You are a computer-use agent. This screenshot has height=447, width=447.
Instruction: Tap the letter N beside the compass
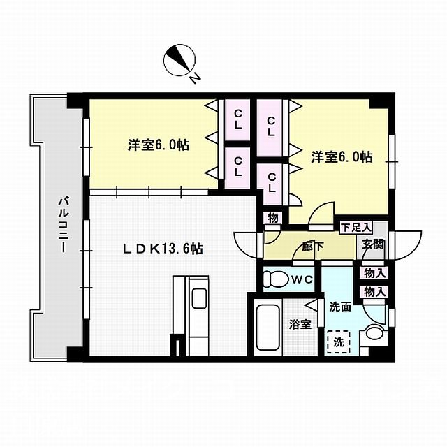(x=196, y=78)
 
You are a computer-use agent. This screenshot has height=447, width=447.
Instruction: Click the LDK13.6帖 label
(x=163, y=248)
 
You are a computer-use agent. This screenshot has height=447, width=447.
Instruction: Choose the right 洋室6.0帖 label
(x=341, y=157)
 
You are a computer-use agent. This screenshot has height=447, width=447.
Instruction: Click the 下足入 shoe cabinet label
(x=356, y=228)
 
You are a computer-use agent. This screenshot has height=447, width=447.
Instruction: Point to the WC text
(x=301, y=280)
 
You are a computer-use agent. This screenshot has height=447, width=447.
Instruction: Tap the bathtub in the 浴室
(x=267, y=328)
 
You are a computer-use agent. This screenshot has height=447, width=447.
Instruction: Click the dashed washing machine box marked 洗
(x=338, y=343)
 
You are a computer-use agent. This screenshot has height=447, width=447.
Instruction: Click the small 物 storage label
(x=272, y=218)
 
